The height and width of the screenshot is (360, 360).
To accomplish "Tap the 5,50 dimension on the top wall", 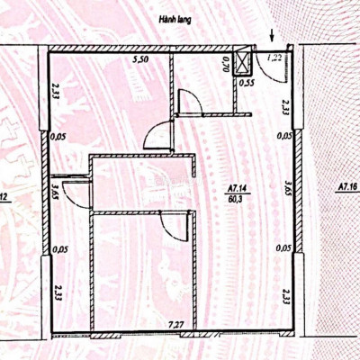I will click(x=141, y=59).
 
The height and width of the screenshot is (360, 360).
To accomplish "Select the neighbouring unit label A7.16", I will click(x=346, y=188).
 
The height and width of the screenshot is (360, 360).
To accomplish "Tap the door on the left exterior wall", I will click(x=72, y=191).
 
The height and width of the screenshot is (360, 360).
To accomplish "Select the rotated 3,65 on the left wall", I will click(x=56, y=191).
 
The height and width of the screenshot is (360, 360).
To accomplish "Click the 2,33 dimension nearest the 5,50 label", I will click(x=56, y=91).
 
